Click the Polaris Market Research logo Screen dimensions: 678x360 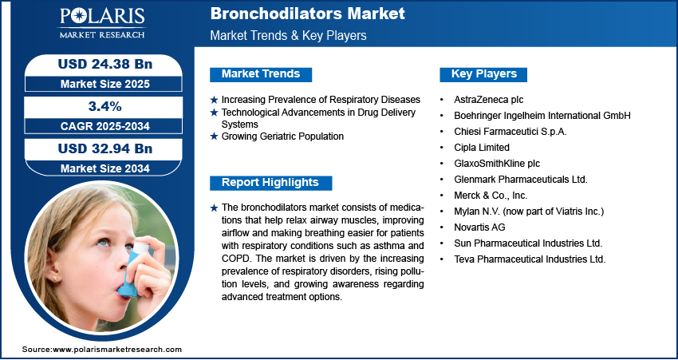[x=102, y=22]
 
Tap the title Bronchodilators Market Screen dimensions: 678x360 [x=307, y=14]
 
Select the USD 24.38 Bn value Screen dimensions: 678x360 [x=105, y=65]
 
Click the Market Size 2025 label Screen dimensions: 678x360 [x=105, y=84]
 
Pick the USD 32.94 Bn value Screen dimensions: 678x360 [x=105, y=148]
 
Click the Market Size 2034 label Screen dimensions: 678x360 [x=105, y=168]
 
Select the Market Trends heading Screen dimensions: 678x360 [x=261, y=74]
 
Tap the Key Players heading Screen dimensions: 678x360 [x=484, y=74]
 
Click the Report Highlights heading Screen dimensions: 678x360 [x=270, y=183]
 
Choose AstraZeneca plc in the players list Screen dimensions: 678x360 [x=489, y=100]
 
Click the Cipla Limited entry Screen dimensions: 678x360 [x=482, y=148]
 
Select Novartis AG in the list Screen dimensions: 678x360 [x=479, y=227]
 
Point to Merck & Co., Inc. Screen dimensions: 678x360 [x=491, y=196]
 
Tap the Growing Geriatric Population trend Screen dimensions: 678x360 [x=282, y=136]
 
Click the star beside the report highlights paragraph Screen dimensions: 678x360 [x=214, y=208]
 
